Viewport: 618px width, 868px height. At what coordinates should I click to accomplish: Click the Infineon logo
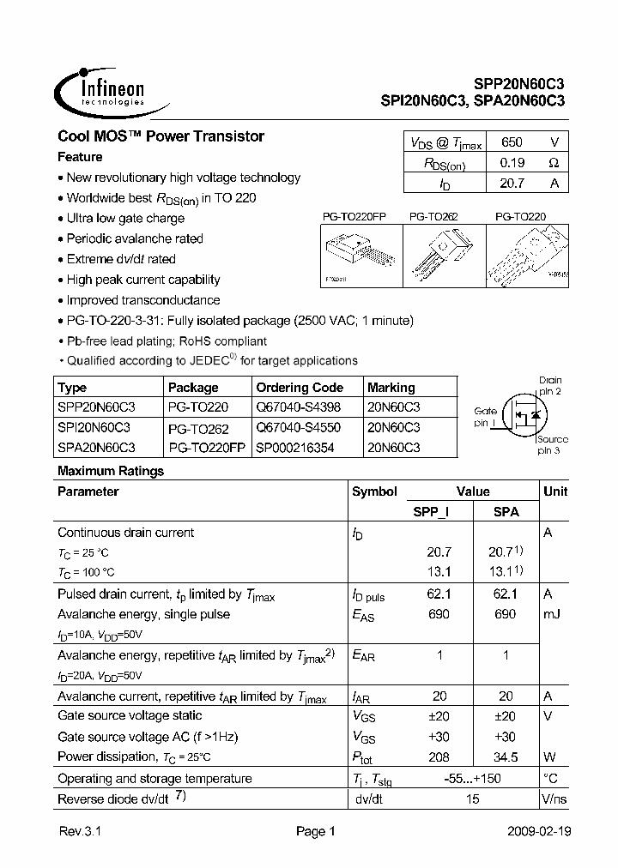(x=100, y=90)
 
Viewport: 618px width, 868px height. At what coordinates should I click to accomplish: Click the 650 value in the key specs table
(x=511, y=143)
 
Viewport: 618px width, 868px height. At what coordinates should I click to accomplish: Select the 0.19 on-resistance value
(x=511, y=163)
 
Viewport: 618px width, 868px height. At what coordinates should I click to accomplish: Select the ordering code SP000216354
(x=294, y=448)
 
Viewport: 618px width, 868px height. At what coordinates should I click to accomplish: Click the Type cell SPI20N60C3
(x=94, y=427)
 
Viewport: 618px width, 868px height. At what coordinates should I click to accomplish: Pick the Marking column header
(x=391, y=387)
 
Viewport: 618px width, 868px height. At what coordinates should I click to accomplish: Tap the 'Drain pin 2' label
(x=549, y=385)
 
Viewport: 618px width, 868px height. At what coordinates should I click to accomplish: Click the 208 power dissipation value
(x=438, y=756)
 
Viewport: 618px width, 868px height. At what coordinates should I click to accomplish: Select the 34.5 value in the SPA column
(x=506, y=756)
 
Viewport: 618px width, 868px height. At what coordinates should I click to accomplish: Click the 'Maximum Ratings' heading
(x=110, y=471)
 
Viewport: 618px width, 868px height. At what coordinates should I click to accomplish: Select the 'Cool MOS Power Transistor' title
(x=161, y=136)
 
